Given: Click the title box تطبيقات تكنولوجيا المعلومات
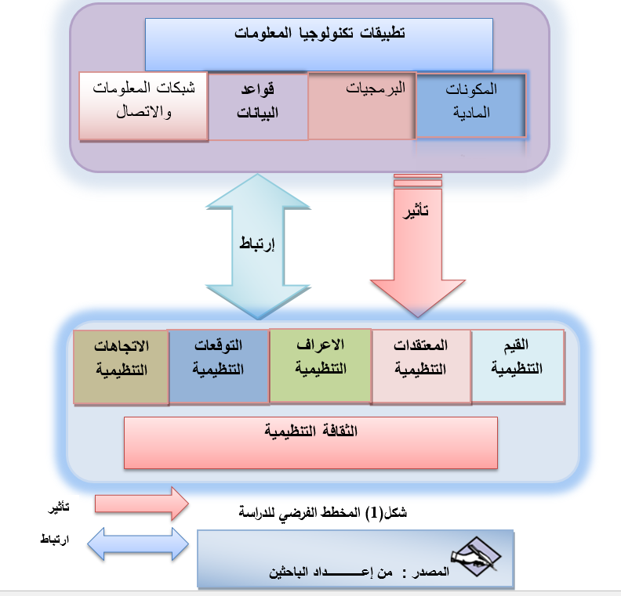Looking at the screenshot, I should coord(319,45).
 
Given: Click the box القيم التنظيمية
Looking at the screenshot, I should coord(518,366).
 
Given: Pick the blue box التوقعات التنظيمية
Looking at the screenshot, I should coord(220,366).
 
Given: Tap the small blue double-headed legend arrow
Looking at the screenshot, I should coord(138,544).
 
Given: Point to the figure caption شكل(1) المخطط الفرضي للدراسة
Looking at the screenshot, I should coord(322,514).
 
